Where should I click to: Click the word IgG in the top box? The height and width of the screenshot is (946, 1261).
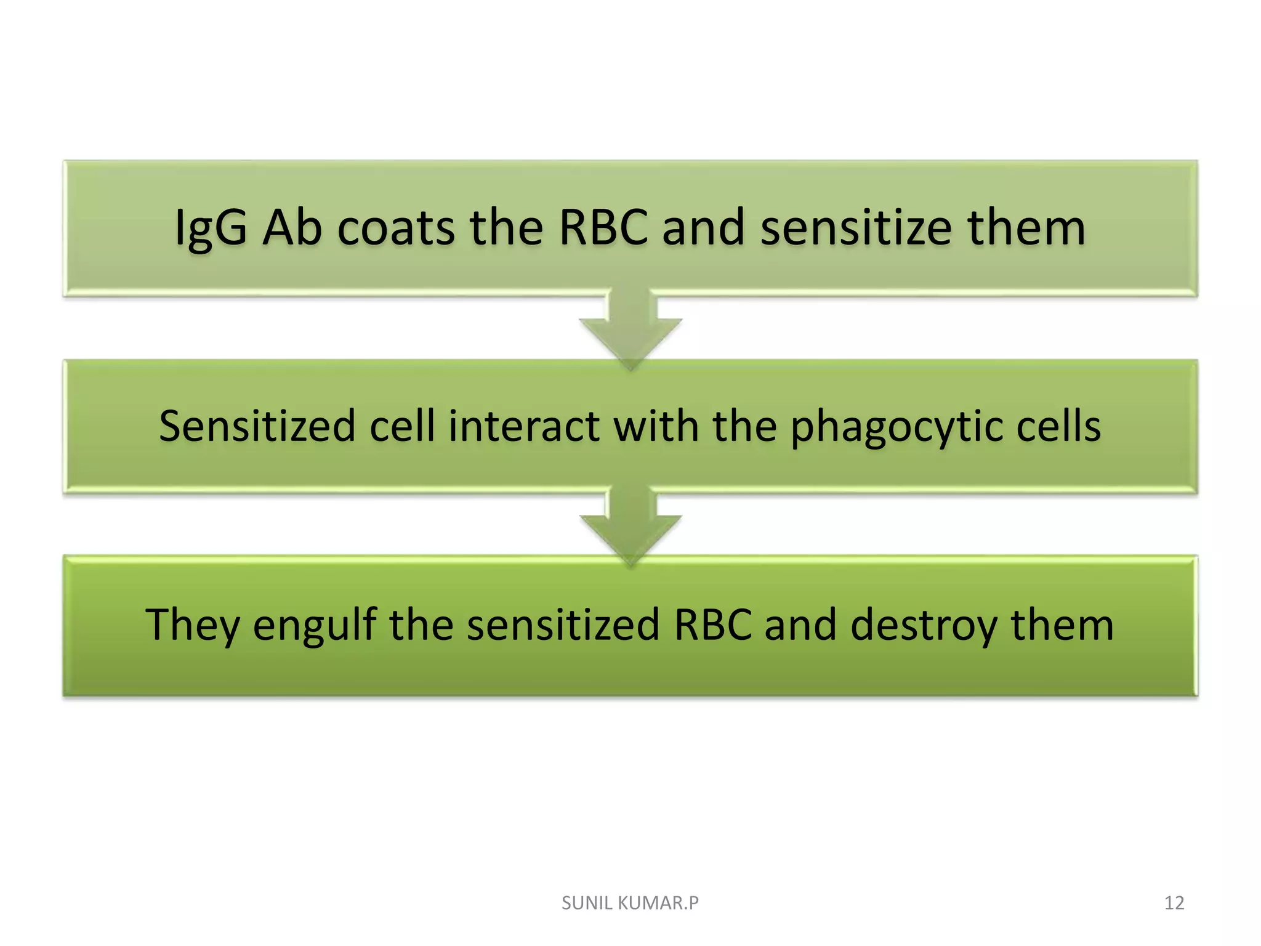click(x=211, y=229)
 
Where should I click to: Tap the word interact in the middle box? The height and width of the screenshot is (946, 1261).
click(x=524, y=426)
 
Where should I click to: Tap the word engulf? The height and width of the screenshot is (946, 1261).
click(x=315, y=626)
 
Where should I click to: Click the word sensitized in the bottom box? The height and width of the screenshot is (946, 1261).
click(x=563, y=625)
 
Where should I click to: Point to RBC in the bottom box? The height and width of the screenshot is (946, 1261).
click(x=713, y=625)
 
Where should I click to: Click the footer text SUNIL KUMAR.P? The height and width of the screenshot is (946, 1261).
click(x=630, y=903)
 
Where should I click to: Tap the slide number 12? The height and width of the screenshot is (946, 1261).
click(x=1174, y=903)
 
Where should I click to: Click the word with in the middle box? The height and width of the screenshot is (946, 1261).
click(x=656, y=426)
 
